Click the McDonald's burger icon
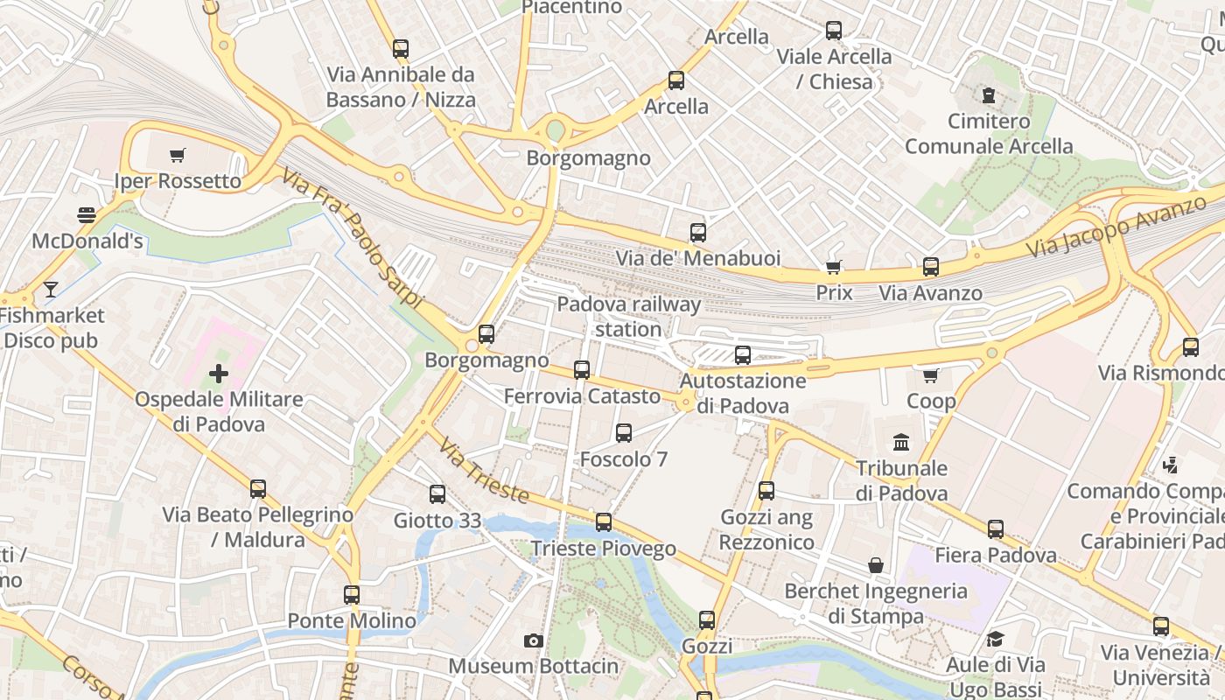86,214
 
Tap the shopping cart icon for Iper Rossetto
178,156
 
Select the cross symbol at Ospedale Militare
219,374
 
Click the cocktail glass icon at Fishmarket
51,289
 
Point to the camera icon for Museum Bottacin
533,641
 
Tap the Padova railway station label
629,317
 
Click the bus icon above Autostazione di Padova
743,354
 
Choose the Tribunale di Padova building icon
901,442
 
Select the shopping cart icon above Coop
931,375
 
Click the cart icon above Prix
834,267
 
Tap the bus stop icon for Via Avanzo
931,267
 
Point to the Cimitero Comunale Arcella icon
989,94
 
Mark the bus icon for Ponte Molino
352,595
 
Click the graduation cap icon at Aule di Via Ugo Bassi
995,640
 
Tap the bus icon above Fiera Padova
996,529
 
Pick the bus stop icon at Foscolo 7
624,433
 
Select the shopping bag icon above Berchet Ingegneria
876,565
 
